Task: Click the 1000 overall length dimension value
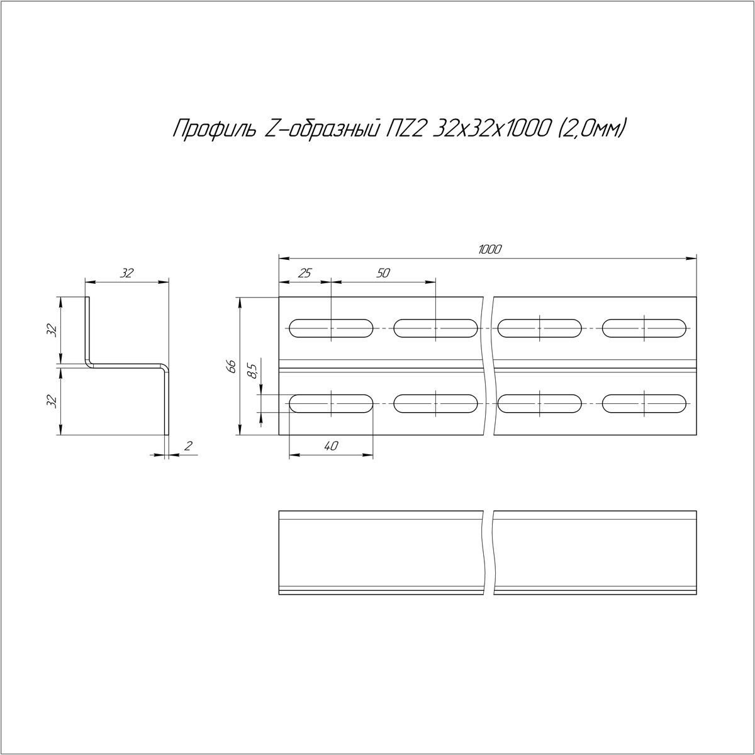click(489, 250)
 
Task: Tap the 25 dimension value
click(305, 273)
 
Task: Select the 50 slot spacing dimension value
click(383, 273)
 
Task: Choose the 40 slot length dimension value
click(331, 445)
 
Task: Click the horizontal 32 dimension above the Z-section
click(126, 273)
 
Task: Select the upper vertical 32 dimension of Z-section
click(52, 331)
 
